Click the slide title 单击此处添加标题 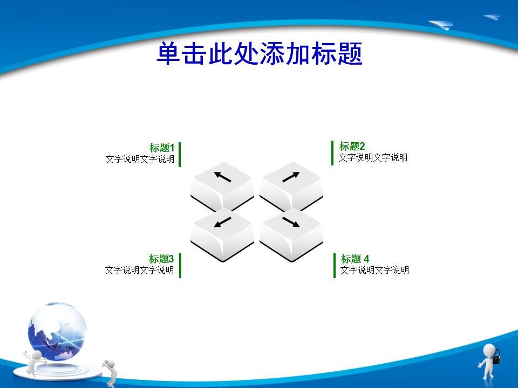(260, 53)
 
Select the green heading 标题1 (161, 148)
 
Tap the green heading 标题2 (352, 146)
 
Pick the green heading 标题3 (161, 259)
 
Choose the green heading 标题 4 (355, 259)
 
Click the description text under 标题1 (140, 159)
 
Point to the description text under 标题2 (373, 157)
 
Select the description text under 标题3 (139, 270)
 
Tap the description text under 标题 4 (374, 270)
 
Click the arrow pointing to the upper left (222, 177)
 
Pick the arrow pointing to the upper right (291, 177)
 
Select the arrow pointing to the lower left (222, 221)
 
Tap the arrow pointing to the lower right (291, 222)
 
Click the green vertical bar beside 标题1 (180, 155)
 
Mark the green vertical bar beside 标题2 (332, 153)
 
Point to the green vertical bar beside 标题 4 (335, 266)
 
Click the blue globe (57, 331)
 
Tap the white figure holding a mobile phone (489, 361)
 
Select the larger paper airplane (441, 24)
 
